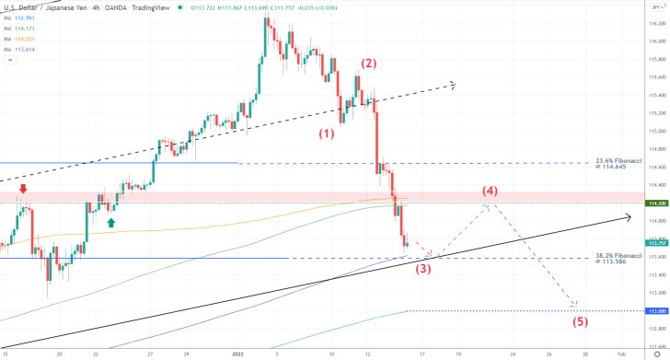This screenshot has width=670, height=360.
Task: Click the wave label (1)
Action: pyautogui.click(x=327, y=133)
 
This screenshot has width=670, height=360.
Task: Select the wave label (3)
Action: pyautogui.click(x=422, y=269)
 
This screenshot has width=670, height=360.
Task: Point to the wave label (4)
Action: pyautogui.click(x=490, y=192)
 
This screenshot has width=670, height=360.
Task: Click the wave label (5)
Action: pyautogui.click(x=580, y=321)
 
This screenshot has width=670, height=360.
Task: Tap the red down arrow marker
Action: pyautogui.click(x=23, y=189)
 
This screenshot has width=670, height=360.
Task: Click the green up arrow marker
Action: pyautogui.click(x=111, y=221)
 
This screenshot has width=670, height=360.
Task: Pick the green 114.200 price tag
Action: pyautogui.click(x=656, y=203)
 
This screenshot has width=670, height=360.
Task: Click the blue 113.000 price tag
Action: pyautogui.click(x=656, y=311)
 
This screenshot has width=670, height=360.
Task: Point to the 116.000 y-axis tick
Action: pyautogui.click(x=656, y=41)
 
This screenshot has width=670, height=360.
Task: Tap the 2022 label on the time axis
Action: pyautogui.click(x=237, y=353)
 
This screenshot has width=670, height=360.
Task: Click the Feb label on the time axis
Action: pyautogui.click(x=620, y=353)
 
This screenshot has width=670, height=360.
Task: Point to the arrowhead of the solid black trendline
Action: pyautogui.click(x=628, y=217)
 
